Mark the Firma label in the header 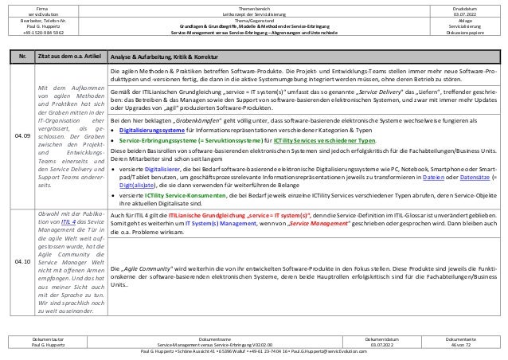point(50,7)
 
